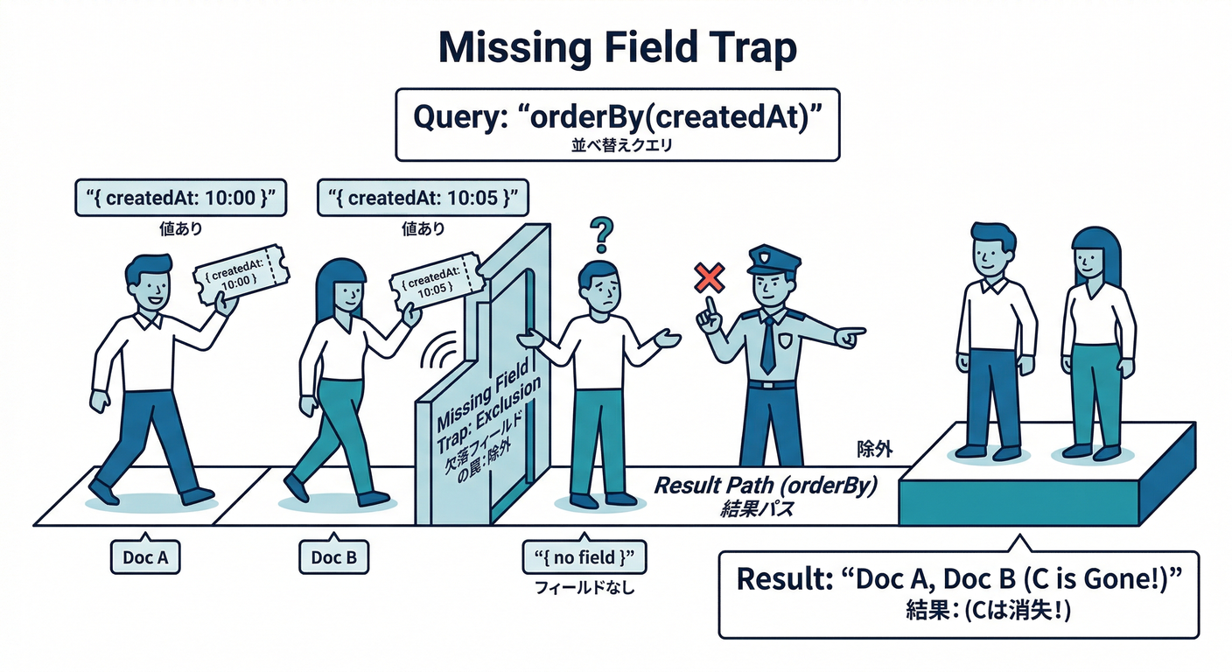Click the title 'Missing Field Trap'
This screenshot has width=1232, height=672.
tap(617, 48)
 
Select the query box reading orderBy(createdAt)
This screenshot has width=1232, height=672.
tap(617, 122)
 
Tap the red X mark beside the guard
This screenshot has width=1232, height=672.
tap(708, 279)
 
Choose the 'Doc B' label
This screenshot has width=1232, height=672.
tap(333, 556)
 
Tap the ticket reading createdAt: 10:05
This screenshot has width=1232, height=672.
tap(435, 282)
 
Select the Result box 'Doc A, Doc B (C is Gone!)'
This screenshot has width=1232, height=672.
tap(958, 592)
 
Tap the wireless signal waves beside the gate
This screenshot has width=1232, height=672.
tap(437, 354)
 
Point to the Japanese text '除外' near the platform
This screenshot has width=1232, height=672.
tap(874, 450)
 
